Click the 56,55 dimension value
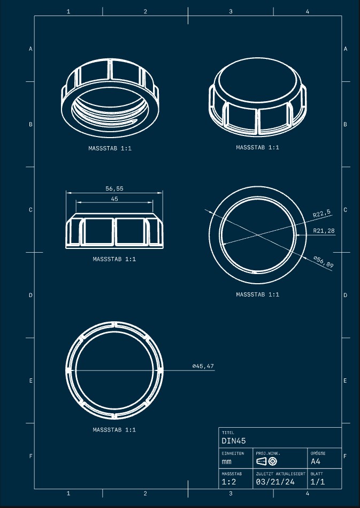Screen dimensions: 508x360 (x=114, y=188)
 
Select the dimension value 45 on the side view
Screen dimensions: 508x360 (x=114, y=199)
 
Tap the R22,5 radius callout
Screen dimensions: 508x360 (x=321, y=213)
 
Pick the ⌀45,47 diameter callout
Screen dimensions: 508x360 (x=203, y=366)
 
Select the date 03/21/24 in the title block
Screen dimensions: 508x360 (x=275, y=482)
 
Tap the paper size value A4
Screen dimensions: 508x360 (x=316, y=461)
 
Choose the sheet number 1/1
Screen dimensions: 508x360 (x=318, y=482)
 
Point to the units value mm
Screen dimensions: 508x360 (x=227, y=461)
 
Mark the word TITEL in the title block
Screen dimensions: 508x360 (x=227, y=433)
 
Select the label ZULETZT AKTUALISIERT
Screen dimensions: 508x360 (x=280, y=474)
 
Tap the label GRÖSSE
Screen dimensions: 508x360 (x=318, y=453)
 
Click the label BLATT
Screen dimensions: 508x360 (x=317, y=474)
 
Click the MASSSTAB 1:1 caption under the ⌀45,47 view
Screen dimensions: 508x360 (x=114, y=429)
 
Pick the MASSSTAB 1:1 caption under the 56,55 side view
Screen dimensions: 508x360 (x=114, y=259)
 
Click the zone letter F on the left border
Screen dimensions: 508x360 (x=30, y=456)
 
